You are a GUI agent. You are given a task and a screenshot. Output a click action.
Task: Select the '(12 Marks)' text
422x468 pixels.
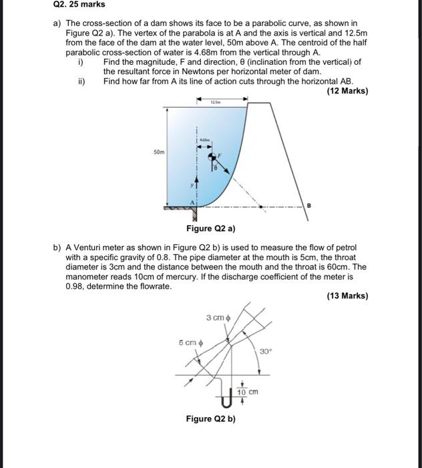tap(347, 91)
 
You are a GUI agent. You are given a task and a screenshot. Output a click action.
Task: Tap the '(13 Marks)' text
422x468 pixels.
tap(347, 296)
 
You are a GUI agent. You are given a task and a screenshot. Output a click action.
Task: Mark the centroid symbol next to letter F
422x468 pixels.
tap(215, 158)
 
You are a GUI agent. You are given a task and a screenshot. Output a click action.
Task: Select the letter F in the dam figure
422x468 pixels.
tap(226, 154)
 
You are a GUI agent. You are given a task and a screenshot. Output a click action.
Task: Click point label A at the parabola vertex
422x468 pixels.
tap(194, 201)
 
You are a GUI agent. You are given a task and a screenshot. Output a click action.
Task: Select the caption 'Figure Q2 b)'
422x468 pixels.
tap(210, 419)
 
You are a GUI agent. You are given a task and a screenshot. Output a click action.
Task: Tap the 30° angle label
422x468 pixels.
tap(266, 350)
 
